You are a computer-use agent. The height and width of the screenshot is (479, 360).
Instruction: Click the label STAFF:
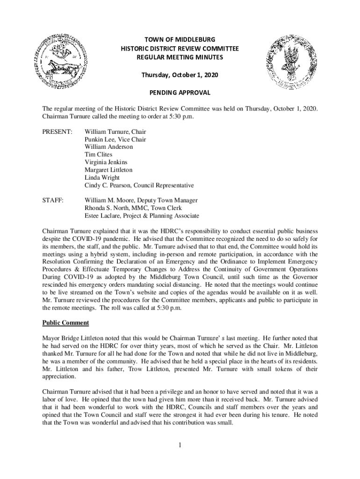click(x=53, y=200)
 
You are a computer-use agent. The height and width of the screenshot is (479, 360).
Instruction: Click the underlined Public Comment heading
click(x=65, y=323)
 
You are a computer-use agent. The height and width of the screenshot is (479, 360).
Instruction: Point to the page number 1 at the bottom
click(x=180, y=444)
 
